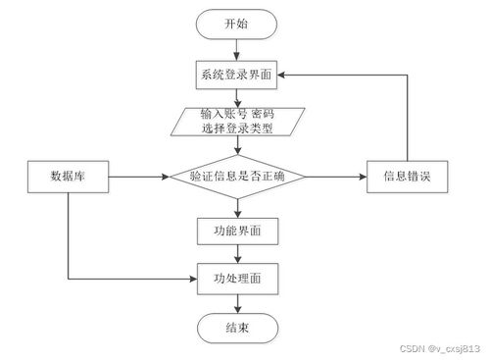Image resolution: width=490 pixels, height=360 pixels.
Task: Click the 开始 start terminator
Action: pos(236,23)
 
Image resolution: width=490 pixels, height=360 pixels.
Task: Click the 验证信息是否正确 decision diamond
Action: pos(236,178)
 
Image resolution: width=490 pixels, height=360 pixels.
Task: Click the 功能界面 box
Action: pos(236,231)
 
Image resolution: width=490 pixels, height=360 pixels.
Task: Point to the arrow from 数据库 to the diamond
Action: pos(137,178)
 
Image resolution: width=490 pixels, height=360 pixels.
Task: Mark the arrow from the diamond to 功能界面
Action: pos(236,206)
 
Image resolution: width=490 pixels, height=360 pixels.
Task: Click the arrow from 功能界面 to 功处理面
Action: pos(236,255)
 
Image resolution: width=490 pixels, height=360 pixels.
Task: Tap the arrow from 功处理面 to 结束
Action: pos(236,303)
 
